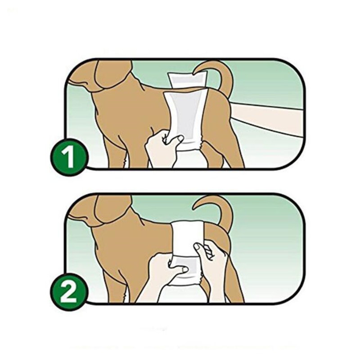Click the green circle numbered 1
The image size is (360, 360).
click(x=69, y=157)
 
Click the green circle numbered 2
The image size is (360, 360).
click(x=69, y=292)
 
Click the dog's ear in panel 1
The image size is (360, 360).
click(x=112, y=74)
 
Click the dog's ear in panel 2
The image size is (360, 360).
click(x=112, y=208)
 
